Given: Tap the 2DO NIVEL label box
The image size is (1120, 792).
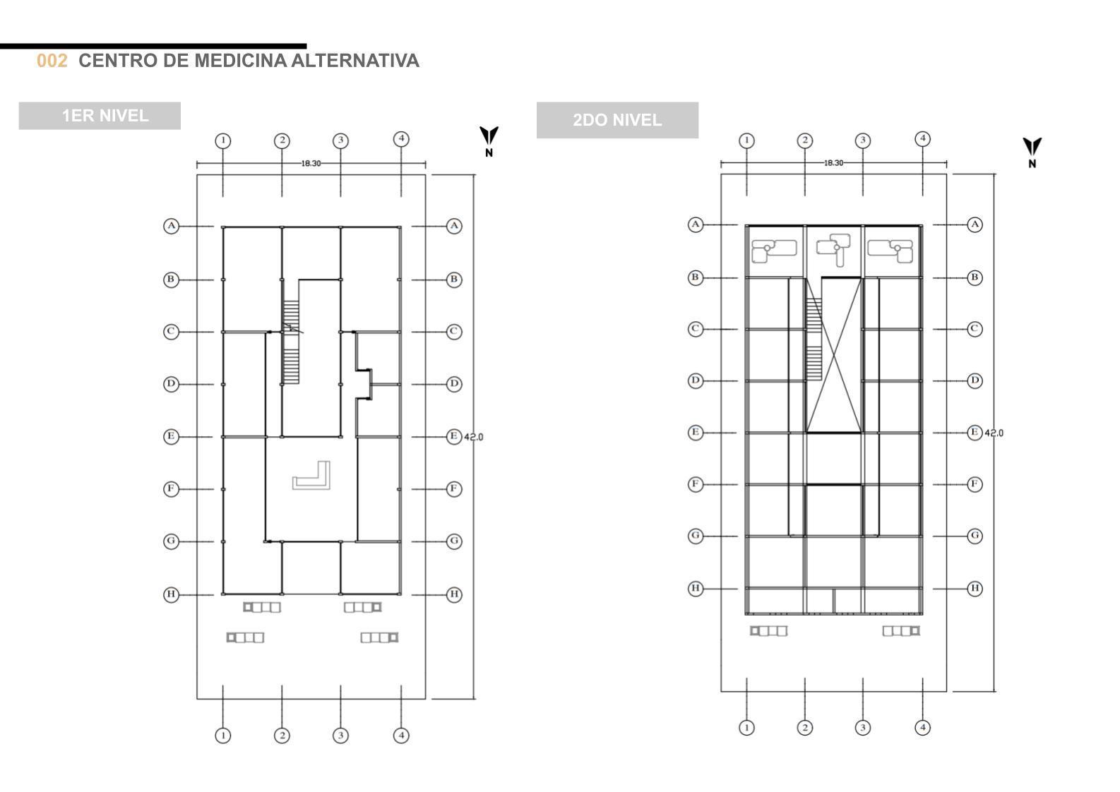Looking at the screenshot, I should coord(617,120).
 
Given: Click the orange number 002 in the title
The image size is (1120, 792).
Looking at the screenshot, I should coord(52,61).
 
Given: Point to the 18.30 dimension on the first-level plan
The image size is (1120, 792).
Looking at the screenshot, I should coord(311,163).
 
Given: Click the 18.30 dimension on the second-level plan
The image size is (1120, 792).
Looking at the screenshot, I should coord(833,163).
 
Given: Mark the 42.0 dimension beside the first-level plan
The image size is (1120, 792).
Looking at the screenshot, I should coord(474,437).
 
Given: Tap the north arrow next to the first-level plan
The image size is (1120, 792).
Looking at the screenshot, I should coord(489,139).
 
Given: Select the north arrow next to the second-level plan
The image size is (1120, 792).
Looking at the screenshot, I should coord(1032,150).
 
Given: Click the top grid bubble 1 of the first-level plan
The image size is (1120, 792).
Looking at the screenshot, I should coord(223,140).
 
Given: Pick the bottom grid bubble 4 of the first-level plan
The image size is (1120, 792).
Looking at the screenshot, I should coord(401,736).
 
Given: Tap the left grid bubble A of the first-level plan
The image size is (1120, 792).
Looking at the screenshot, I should coord(171,226).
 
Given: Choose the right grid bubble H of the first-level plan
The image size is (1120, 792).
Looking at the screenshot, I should coord(454,594).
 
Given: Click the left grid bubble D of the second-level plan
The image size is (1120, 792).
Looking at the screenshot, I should coord(696,380).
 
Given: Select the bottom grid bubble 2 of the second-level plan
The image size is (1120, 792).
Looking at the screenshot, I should coord(804,727).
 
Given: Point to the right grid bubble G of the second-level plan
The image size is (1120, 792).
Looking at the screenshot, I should coord(975,536).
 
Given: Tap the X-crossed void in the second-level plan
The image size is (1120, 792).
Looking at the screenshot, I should coord(834,354).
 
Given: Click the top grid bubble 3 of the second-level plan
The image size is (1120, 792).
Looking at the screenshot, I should coord(862,140).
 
